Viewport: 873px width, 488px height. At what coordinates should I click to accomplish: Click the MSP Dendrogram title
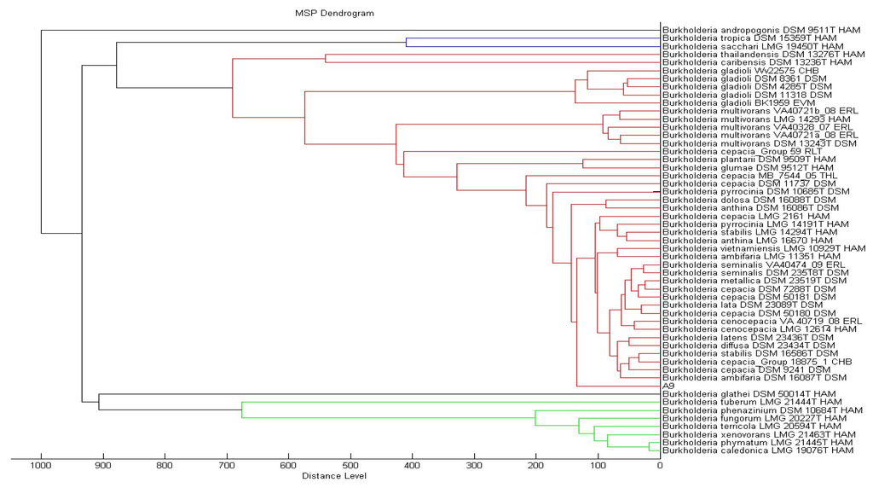tap(334, 13)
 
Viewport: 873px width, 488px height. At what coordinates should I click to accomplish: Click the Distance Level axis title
tap(334, 476)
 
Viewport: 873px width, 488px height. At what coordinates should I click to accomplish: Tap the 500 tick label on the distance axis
tap(350, 466)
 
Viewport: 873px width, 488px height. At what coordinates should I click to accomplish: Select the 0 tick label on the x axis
tap(659, 466)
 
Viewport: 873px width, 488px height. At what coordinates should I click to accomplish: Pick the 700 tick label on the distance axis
tap(227, 466)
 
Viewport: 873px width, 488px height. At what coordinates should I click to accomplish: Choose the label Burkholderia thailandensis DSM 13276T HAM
tap(760, 55)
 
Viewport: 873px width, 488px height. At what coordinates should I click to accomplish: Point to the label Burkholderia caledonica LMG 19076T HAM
tap(758, 450)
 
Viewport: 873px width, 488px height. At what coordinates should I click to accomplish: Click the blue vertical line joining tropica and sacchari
tap(406, 43)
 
